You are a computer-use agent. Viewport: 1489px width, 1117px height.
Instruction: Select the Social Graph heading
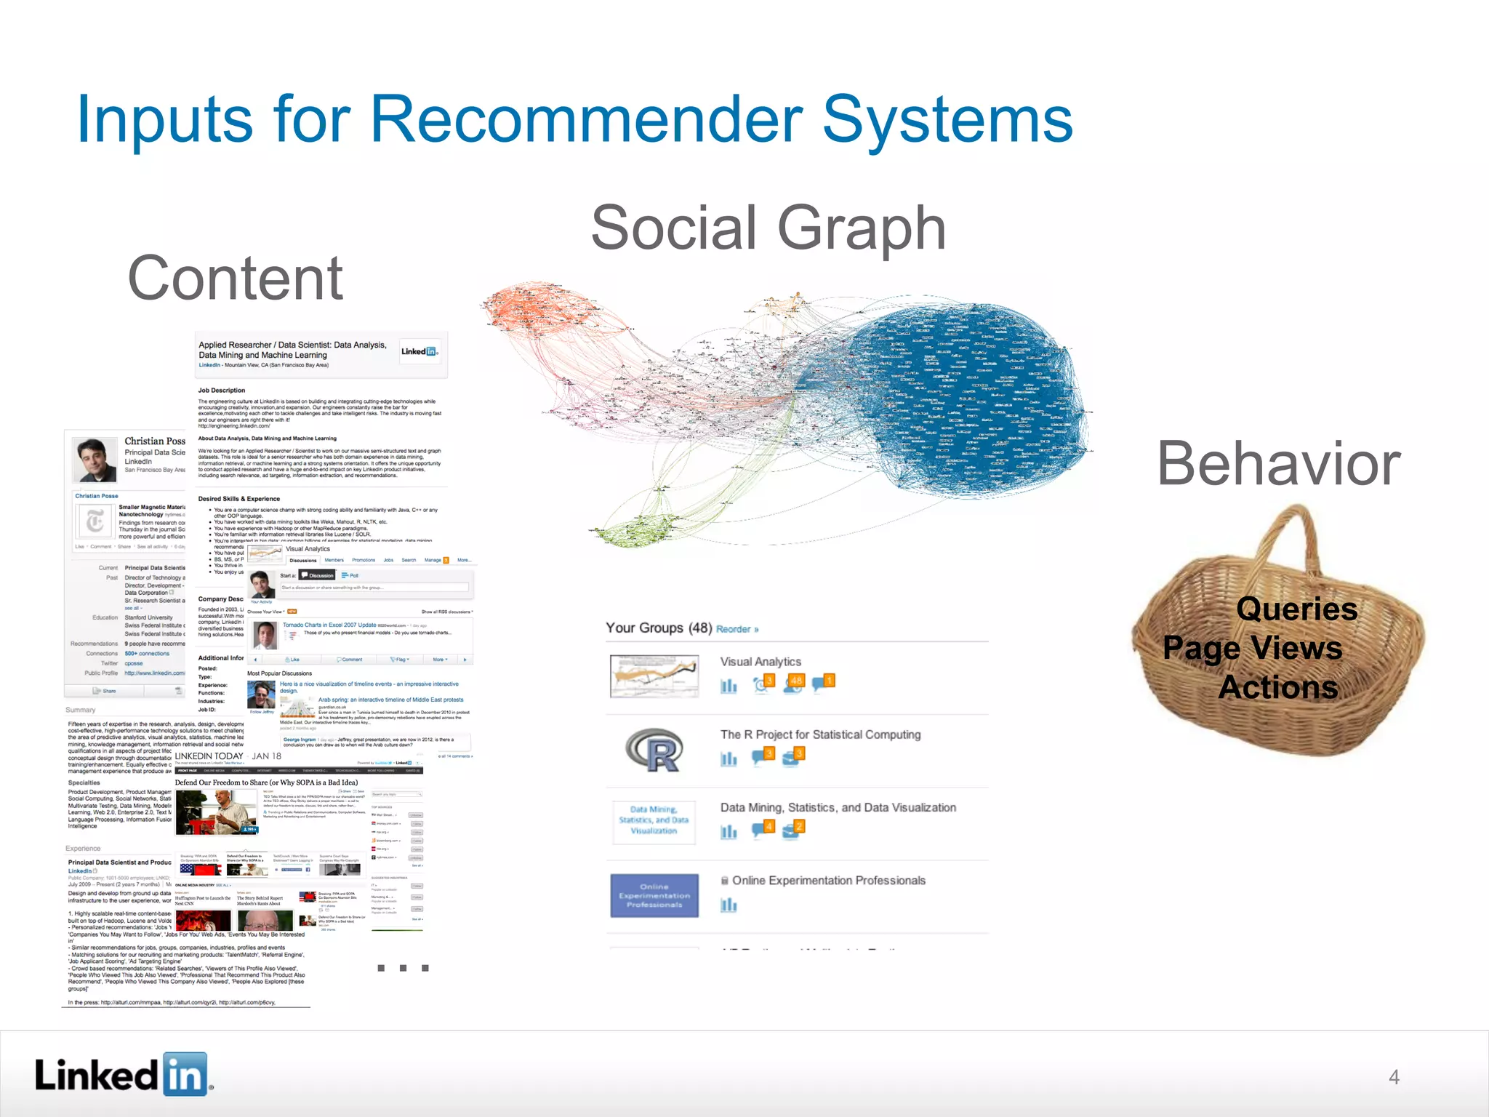pos(768,228)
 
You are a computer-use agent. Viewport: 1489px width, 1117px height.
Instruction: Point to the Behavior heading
pos(1278,464)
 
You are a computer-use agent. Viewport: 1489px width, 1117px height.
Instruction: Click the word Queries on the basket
pos(1296,609)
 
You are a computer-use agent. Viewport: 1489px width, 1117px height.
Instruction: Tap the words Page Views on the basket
pos(1252,647)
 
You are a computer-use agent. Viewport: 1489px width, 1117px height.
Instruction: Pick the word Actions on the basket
pos(1278,686)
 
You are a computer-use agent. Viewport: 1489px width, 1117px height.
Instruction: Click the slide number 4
pos(1394,1077)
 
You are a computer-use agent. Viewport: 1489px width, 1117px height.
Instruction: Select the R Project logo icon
pos(654,750)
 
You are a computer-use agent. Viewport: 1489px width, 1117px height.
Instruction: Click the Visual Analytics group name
pos(760,662)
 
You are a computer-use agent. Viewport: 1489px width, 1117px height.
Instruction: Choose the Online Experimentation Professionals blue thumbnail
pos(654,896)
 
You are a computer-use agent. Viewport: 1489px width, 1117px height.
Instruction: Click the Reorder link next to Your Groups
pos(737,629)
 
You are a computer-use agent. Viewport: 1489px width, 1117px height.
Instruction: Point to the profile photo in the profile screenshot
pos(95,460)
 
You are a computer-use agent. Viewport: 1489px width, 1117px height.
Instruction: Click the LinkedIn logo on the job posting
pos(420,352)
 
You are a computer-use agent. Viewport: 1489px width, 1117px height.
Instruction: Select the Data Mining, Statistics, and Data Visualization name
pos(838,807)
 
